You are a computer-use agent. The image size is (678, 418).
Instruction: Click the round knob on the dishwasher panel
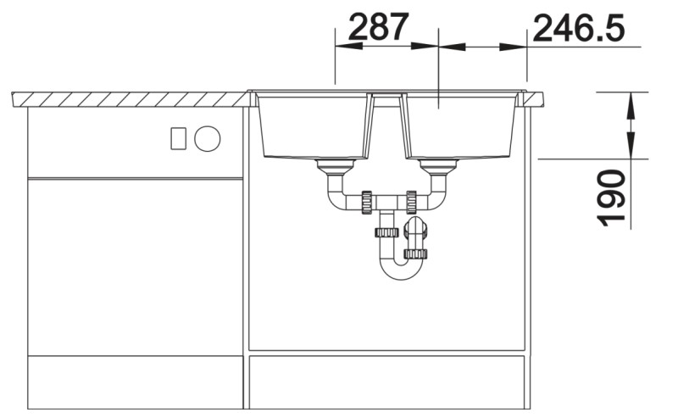207,137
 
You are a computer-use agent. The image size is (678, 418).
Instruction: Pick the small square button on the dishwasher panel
179,137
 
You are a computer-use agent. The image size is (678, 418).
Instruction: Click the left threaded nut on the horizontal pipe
366,202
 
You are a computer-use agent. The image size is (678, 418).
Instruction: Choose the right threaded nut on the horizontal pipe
411,202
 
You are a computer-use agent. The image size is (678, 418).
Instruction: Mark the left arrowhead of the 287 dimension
343,46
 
